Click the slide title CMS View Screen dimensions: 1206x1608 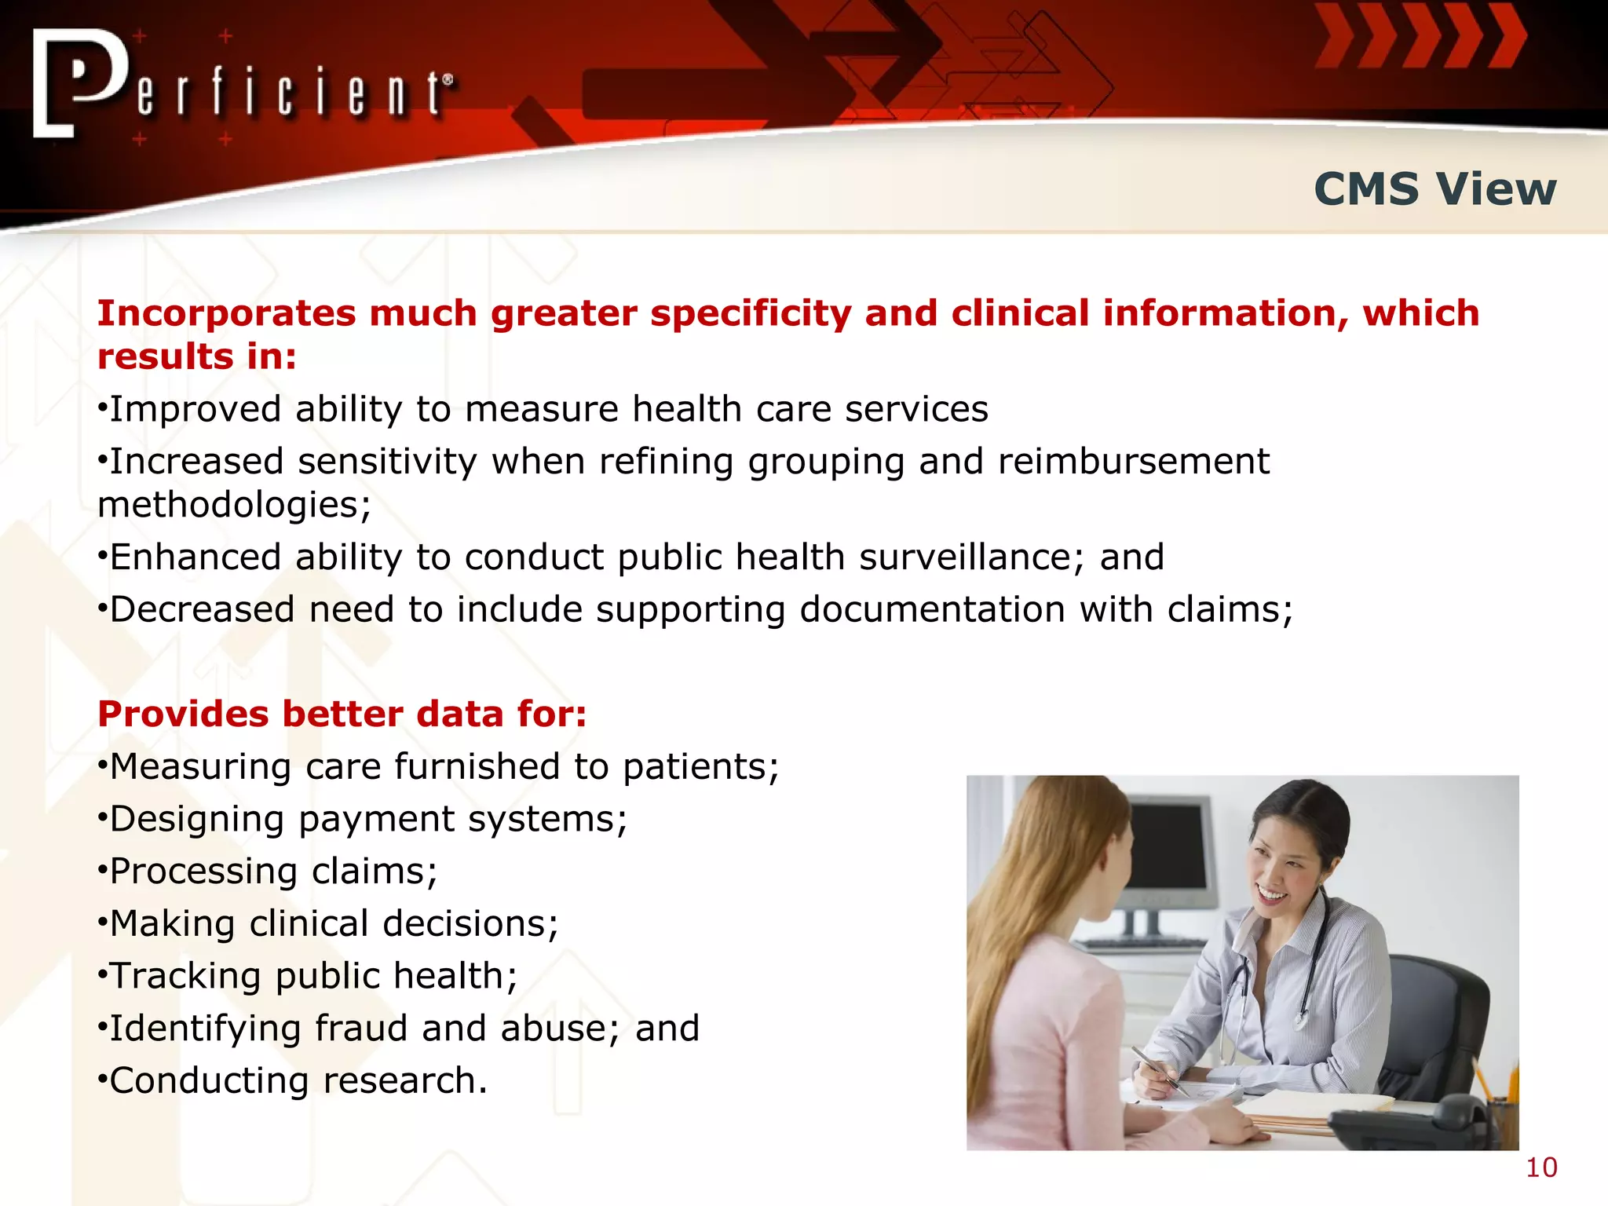1434,189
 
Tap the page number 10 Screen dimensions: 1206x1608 1541,1168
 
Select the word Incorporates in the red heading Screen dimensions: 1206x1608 226,313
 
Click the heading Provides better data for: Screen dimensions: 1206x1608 342,714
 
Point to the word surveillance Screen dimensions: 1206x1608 965,557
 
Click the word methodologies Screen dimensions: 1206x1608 232,505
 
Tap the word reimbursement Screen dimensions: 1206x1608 1133,461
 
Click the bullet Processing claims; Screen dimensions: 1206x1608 267,871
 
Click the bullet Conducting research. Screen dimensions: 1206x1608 292,1080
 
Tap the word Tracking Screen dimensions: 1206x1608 185,976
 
